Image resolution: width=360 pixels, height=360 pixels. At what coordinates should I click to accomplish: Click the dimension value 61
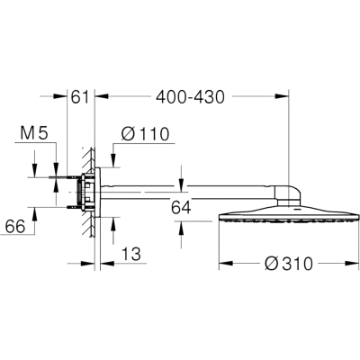80,97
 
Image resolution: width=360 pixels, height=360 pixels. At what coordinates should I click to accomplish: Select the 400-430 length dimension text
190,97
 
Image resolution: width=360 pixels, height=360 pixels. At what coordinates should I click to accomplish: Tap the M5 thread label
34,133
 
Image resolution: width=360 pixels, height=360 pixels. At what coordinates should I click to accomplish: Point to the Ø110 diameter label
146,134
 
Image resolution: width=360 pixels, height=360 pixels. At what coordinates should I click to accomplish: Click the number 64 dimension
181,207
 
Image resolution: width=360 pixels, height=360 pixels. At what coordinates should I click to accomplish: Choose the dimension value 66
15,227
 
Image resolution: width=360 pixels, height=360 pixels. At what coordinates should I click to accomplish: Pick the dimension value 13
131,254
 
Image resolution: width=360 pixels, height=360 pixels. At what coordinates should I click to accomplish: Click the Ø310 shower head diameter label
289,264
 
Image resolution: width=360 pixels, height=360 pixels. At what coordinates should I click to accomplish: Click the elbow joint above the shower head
288,195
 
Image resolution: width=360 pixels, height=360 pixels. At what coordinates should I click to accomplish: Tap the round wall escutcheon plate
97,192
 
